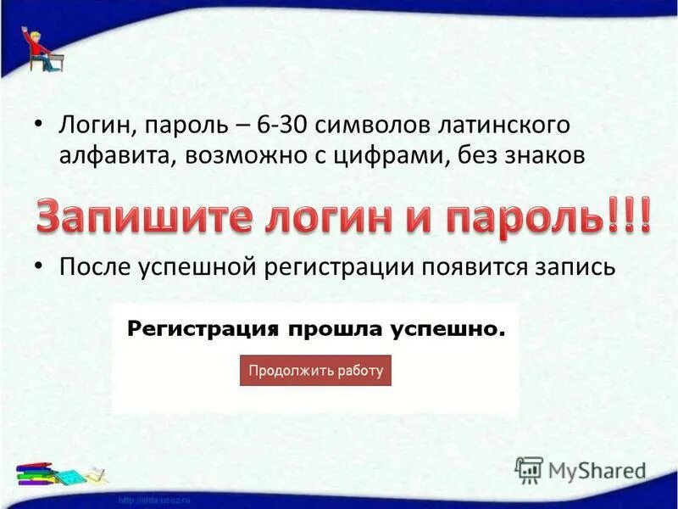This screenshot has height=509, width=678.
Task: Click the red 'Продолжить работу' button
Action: click(315, 371)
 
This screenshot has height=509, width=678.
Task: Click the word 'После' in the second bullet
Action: click(91, 267)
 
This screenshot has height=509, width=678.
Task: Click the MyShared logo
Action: click(581, 469)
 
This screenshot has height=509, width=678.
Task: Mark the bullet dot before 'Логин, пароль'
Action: click(39, 125)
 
